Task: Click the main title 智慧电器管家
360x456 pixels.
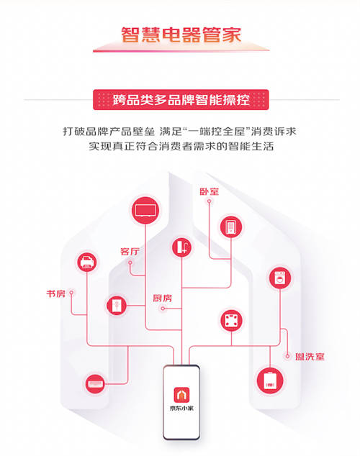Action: click(181, 35)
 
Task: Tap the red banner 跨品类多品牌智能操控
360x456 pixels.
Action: click(181, 100)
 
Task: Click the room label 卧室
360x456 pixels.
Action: click(209, 191)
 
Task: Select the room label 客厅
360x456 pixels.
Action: click(130, 252)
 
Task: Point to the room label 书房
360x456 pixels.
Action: click(56, 293)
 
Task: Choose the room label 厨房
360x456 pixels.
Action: click(163, 298)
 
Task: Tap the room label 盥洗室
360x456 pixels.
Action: click(310, 357)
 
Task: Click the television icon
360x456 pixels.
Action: click(145, 210)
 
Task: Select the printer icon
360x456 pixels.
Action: click(86, 263)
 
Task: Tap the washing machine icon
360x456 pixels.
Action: click(280, 278)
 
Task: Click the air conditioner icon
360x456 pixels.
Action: click(95, 384)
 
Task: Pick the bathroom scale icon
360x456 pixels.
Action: click(231, 321)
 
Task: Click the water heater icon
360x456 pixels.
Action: click(270, 381)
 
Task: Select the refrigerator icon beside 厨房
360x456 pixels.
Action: click(117, 306)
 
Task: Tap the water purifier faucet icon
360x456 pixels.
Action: click(181, 247)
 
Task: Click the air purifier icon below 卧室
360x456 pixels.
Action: click(231, 227)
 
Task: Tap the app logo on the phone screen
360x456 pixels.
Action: click(181, 395)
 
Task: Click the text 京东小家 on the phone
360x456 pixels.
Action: click(181, 409)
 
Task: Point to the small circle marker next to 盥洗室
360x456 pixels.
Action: click(287, 356)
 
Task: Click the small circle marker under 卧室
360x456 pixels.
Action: click(209, 201)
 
